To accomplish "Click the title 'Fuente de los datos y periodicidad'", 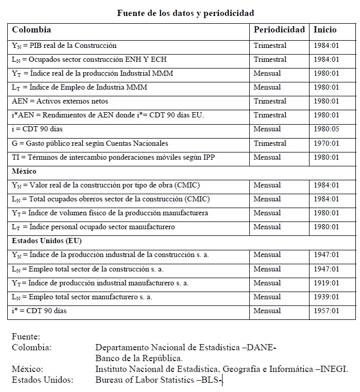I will [x=185, y=12].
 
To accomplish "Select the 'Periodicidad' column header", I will [x=279, y=30].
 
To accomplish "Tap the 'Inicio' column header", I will [x=325, y=30].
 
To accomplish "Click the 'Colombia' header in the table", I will [x=31, y=30].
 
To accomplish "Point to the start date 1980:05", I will [x=327, y=129].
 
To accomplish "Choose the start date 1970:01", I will [x=327, y=143].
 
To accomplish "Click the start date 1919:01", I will [x=327, y=283].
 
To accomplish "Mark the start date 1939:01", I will [x=327, y=297].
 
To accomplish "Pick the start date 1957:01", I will [x=327, y=311].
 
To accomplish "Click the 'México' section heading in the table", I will [x=24, y=171].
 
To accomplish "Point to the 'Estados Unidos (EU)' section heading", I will [x=47, y=241].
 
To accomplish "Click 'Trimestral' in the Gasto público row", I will [x=270, y=143].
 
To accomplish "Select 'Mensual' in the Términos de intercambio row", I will [x=267, y=157].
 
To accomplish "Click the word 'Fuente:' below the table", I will [x=26, y=337].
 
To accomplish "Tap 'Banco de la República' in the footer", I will [x=139, y=358].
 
